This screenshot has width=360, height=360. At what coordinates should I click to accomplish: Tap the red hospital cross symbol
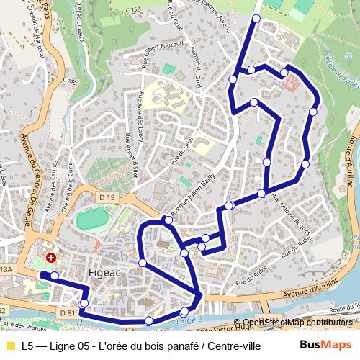pyautogui.click(x=51, y=257)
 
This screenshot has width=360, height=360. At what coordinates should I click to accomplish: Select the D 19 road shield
pyautogui.click(x=107, y=197)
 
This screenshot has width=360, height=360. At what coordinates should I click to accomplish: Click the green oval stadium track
pyautogui.click(x=91, y=218)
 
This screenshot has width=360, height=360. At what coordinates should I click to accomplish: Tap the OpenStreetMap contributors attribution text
pyautogui.click(x=297, y=323)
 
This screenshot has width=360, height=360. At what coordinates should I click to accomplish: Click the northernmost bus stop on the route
pyautogui.click(x=256, y=18)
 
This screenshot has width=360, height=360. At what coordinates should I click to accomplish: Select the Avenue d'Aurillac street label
pyautogui.click(x=311, y=294)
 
